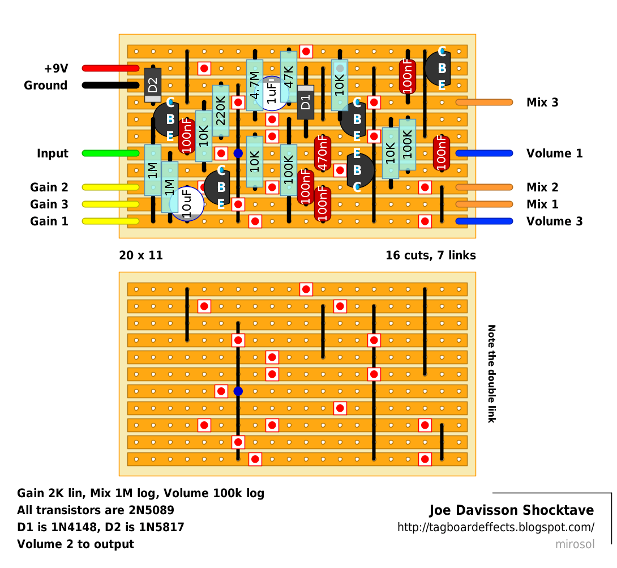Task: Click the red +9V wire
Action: pyautogui.click(x=110, y=69)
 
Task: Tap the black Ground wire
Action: pyautogui.click(x=110, y=86)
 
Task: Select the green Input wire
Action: pyautogui.click(x=110, y=153)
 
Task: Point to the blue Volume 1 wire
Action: pyautogui.click(x=485, y=153)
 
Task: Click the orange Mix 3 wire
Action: pyautogui.click(x=485, y=103)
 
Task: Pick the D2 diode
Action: pyautogui.click(x=153, y=85)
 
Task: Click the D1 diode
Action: pyautogui.click(x=305, y=103)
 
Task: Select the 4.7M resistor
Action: pyautogui.click(x=255, y=85)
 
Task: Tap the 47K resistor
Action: pyautogui.click(x=289, y=77)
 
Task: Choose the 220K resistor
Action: pyautogui.click(x=221, y=110)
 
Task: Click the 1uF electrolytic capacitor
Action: pyautogui.click(x=272, y=93)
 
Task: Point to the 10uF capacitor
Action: pyautogui.click(x=187, y=204)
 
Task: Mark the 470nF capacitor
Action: pyautogui.click(x=322, y=153)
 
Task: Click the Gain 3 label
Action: pyautogui.click(x=49, y=204)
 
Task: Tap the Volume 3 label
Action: pyautogui.click(x=554, y=221)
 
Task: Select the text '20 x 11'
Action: pyautogui.click(x=141, y=255)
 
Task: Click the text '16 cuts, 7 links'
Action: pyautogui.click(x=430, y=255)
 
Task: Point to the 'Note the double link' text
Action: pyautogui.click(x=491, y=374)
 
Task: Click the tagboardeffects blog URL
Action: pyautogui.click(x=496, y=527)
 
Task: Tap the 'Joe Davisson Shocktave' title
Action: pyautogui.click(x=512, y=510)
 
